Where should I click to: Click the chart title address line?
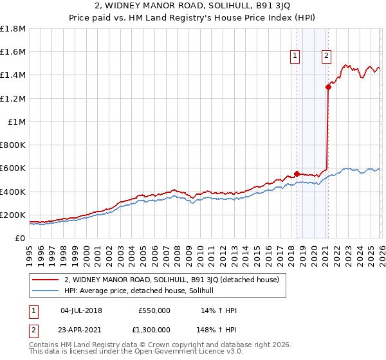193,7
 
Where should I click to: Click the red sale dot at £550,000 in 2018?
297,174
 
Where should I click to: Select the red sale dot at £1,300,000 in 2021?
328,87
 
